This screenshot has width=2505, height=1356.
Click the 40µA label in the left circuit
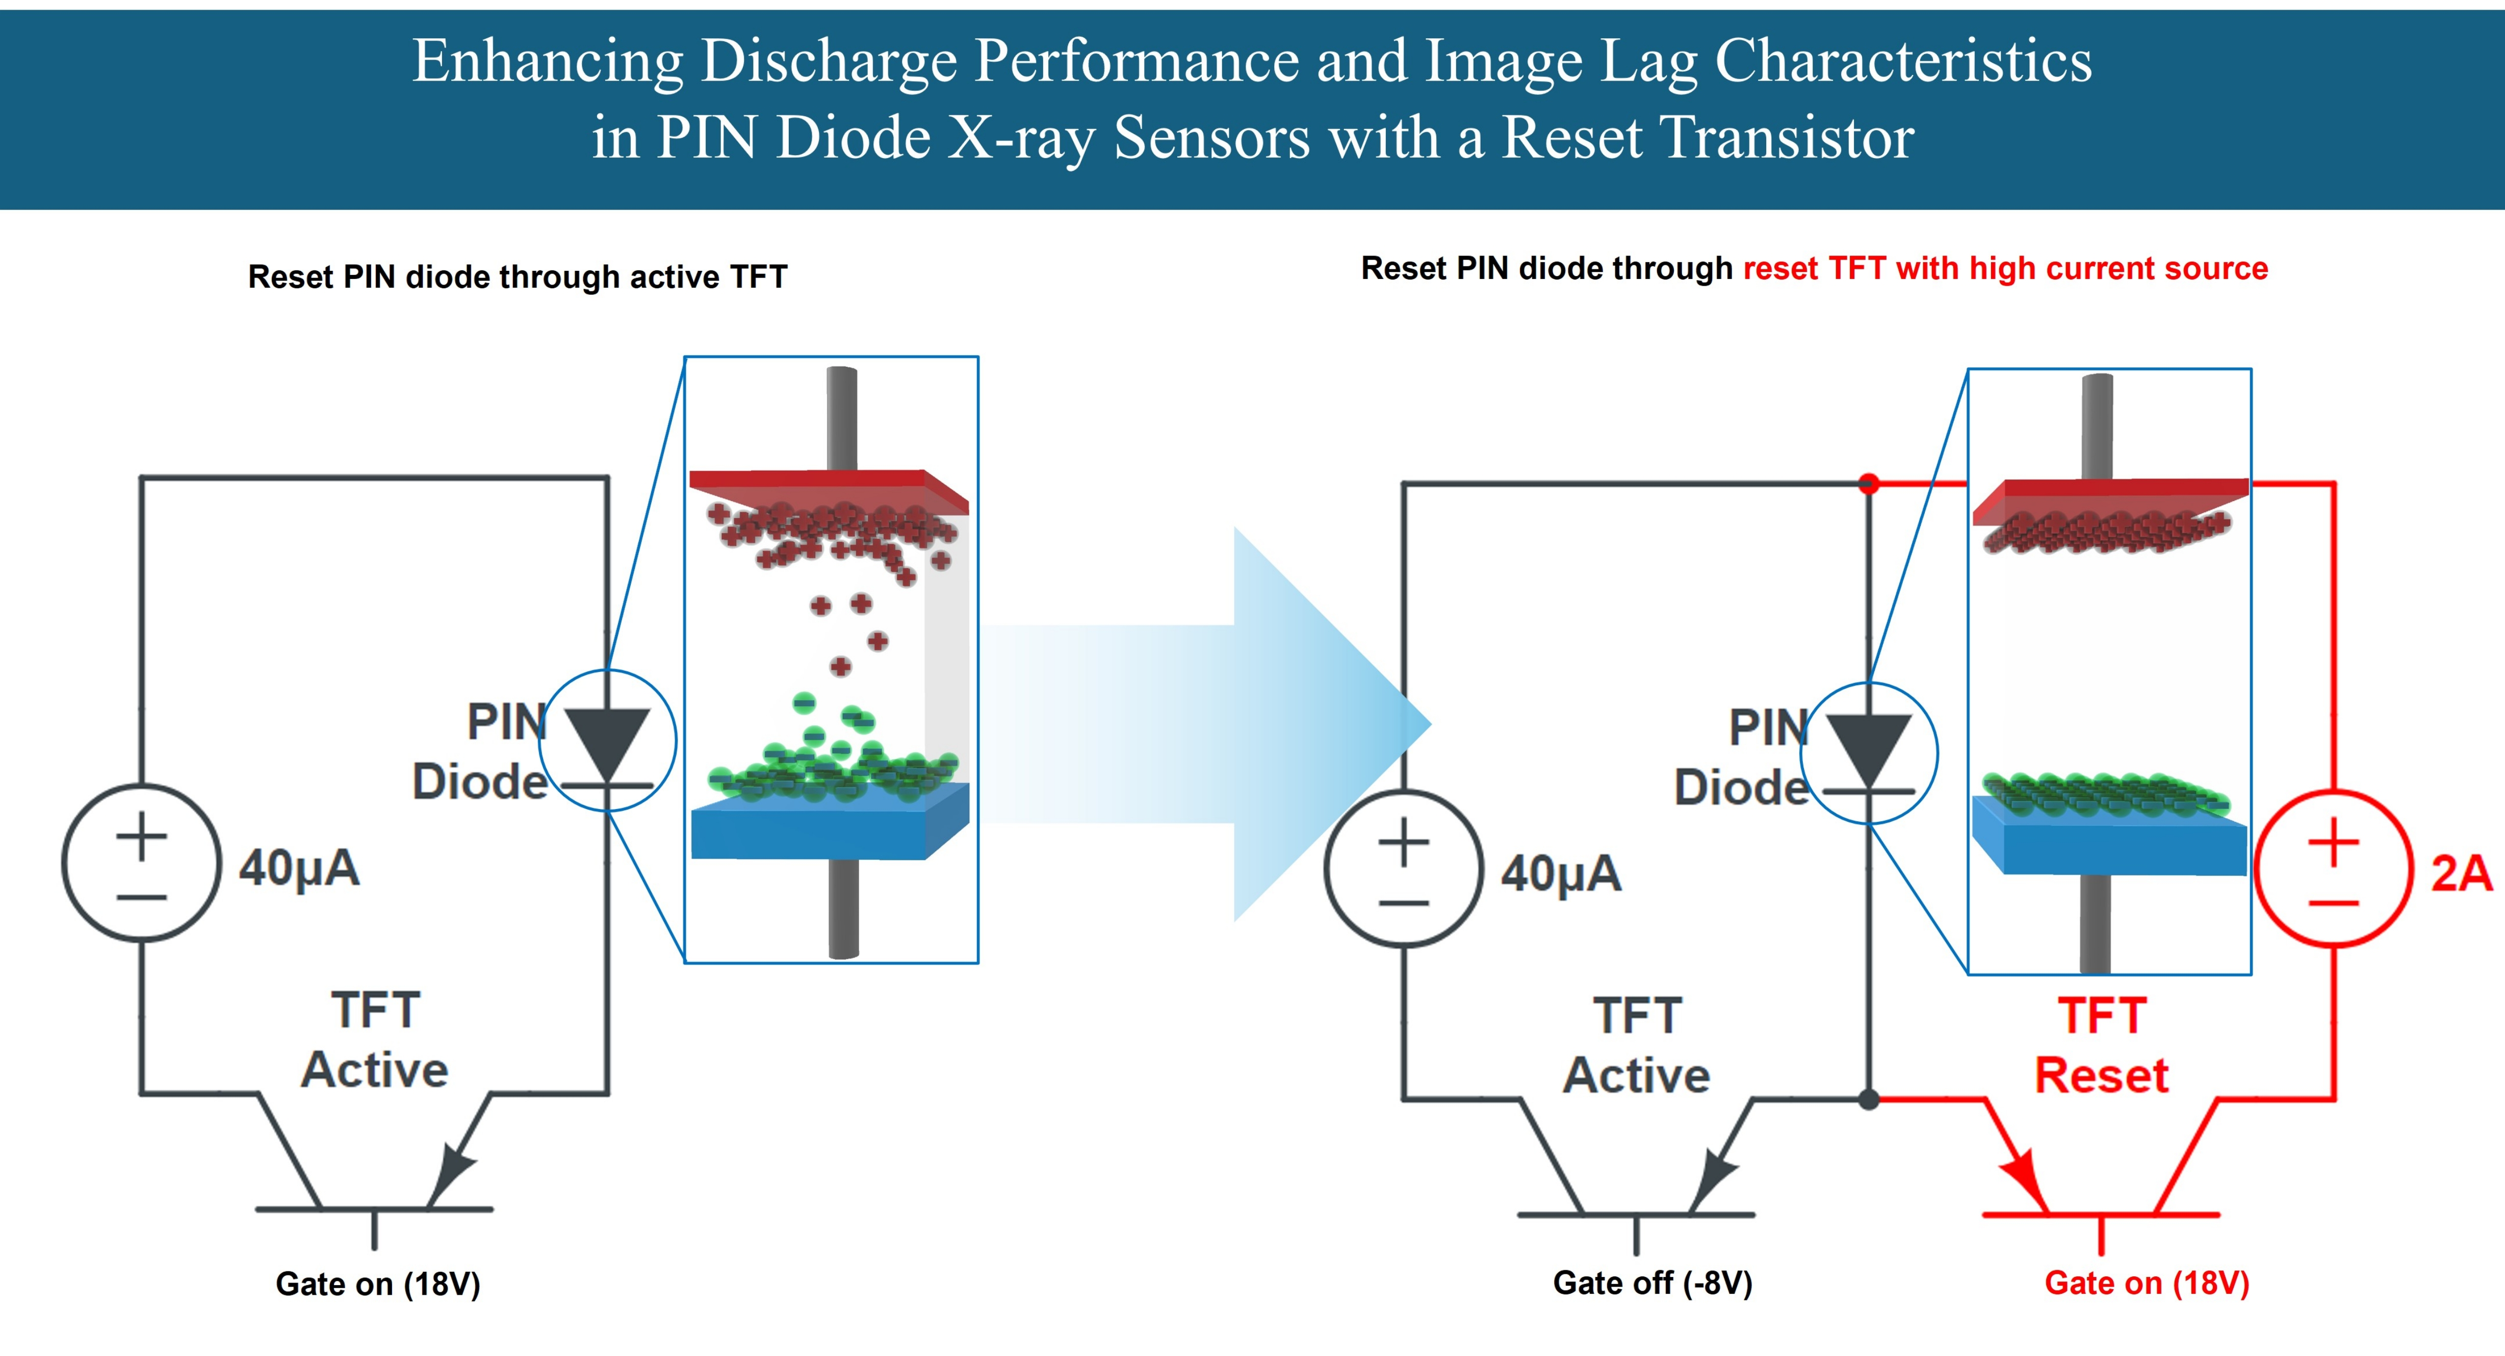(x=299, y=868)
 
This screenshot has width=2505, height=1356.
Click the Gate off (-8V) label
(x=1652, y=1283)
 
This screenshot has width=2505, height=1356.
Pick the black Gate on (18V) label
(x=378, y=1284)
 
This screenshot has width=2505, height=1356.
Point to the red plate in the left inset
(x=829, y=491)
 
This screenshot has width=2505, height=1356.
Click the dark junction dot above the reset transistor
(x=1868, y=1099)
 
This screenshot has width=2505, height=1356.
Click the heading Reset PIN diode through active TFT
(x=518, y=277)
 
